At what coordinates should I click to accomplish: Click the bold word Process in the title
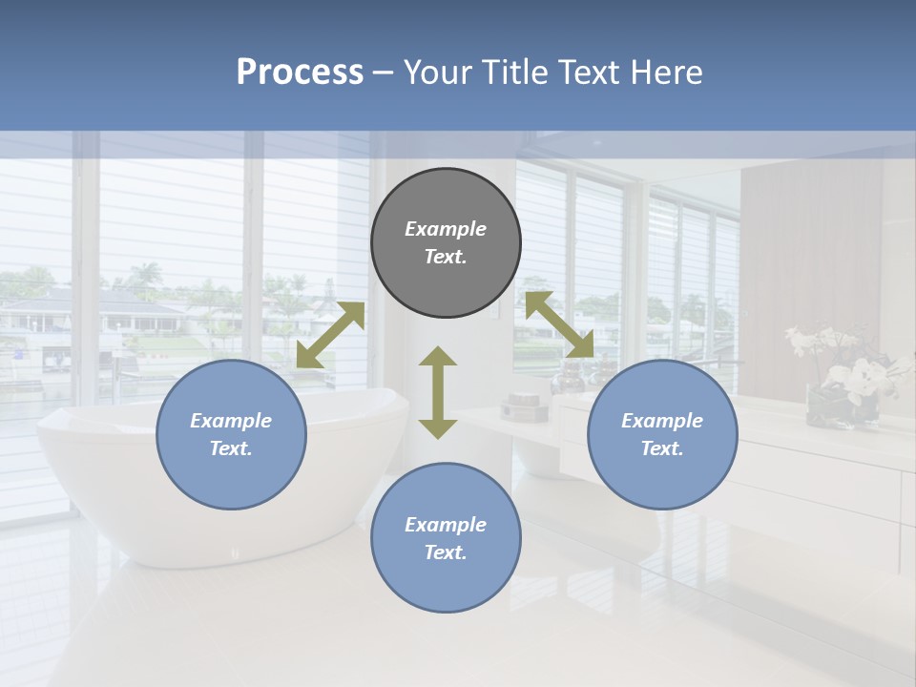300,73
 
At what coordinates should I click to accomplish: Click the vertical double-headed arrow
438,392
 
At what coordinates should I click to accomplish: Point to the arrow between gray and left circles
330,335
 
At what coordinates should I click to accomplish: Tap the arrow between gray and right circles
559,324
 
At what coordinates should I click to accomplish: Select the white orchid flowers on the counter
844,367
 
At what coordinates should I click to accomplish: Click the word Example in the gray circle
446,229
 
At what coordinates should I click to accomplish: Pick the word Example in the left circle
231,421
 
